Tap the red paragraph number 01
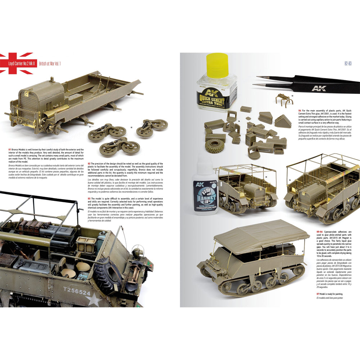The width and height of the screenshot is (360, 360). [9, 149]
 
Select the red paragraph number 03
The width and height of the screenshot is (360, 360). [89, 198]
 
